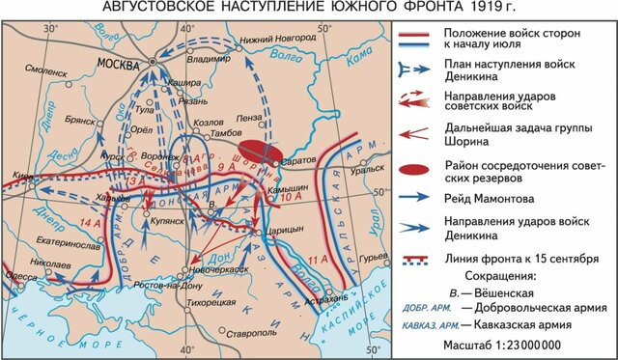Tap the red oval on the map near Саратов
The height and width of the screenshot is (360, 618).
pyautogui.click(x=260, y=152)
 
